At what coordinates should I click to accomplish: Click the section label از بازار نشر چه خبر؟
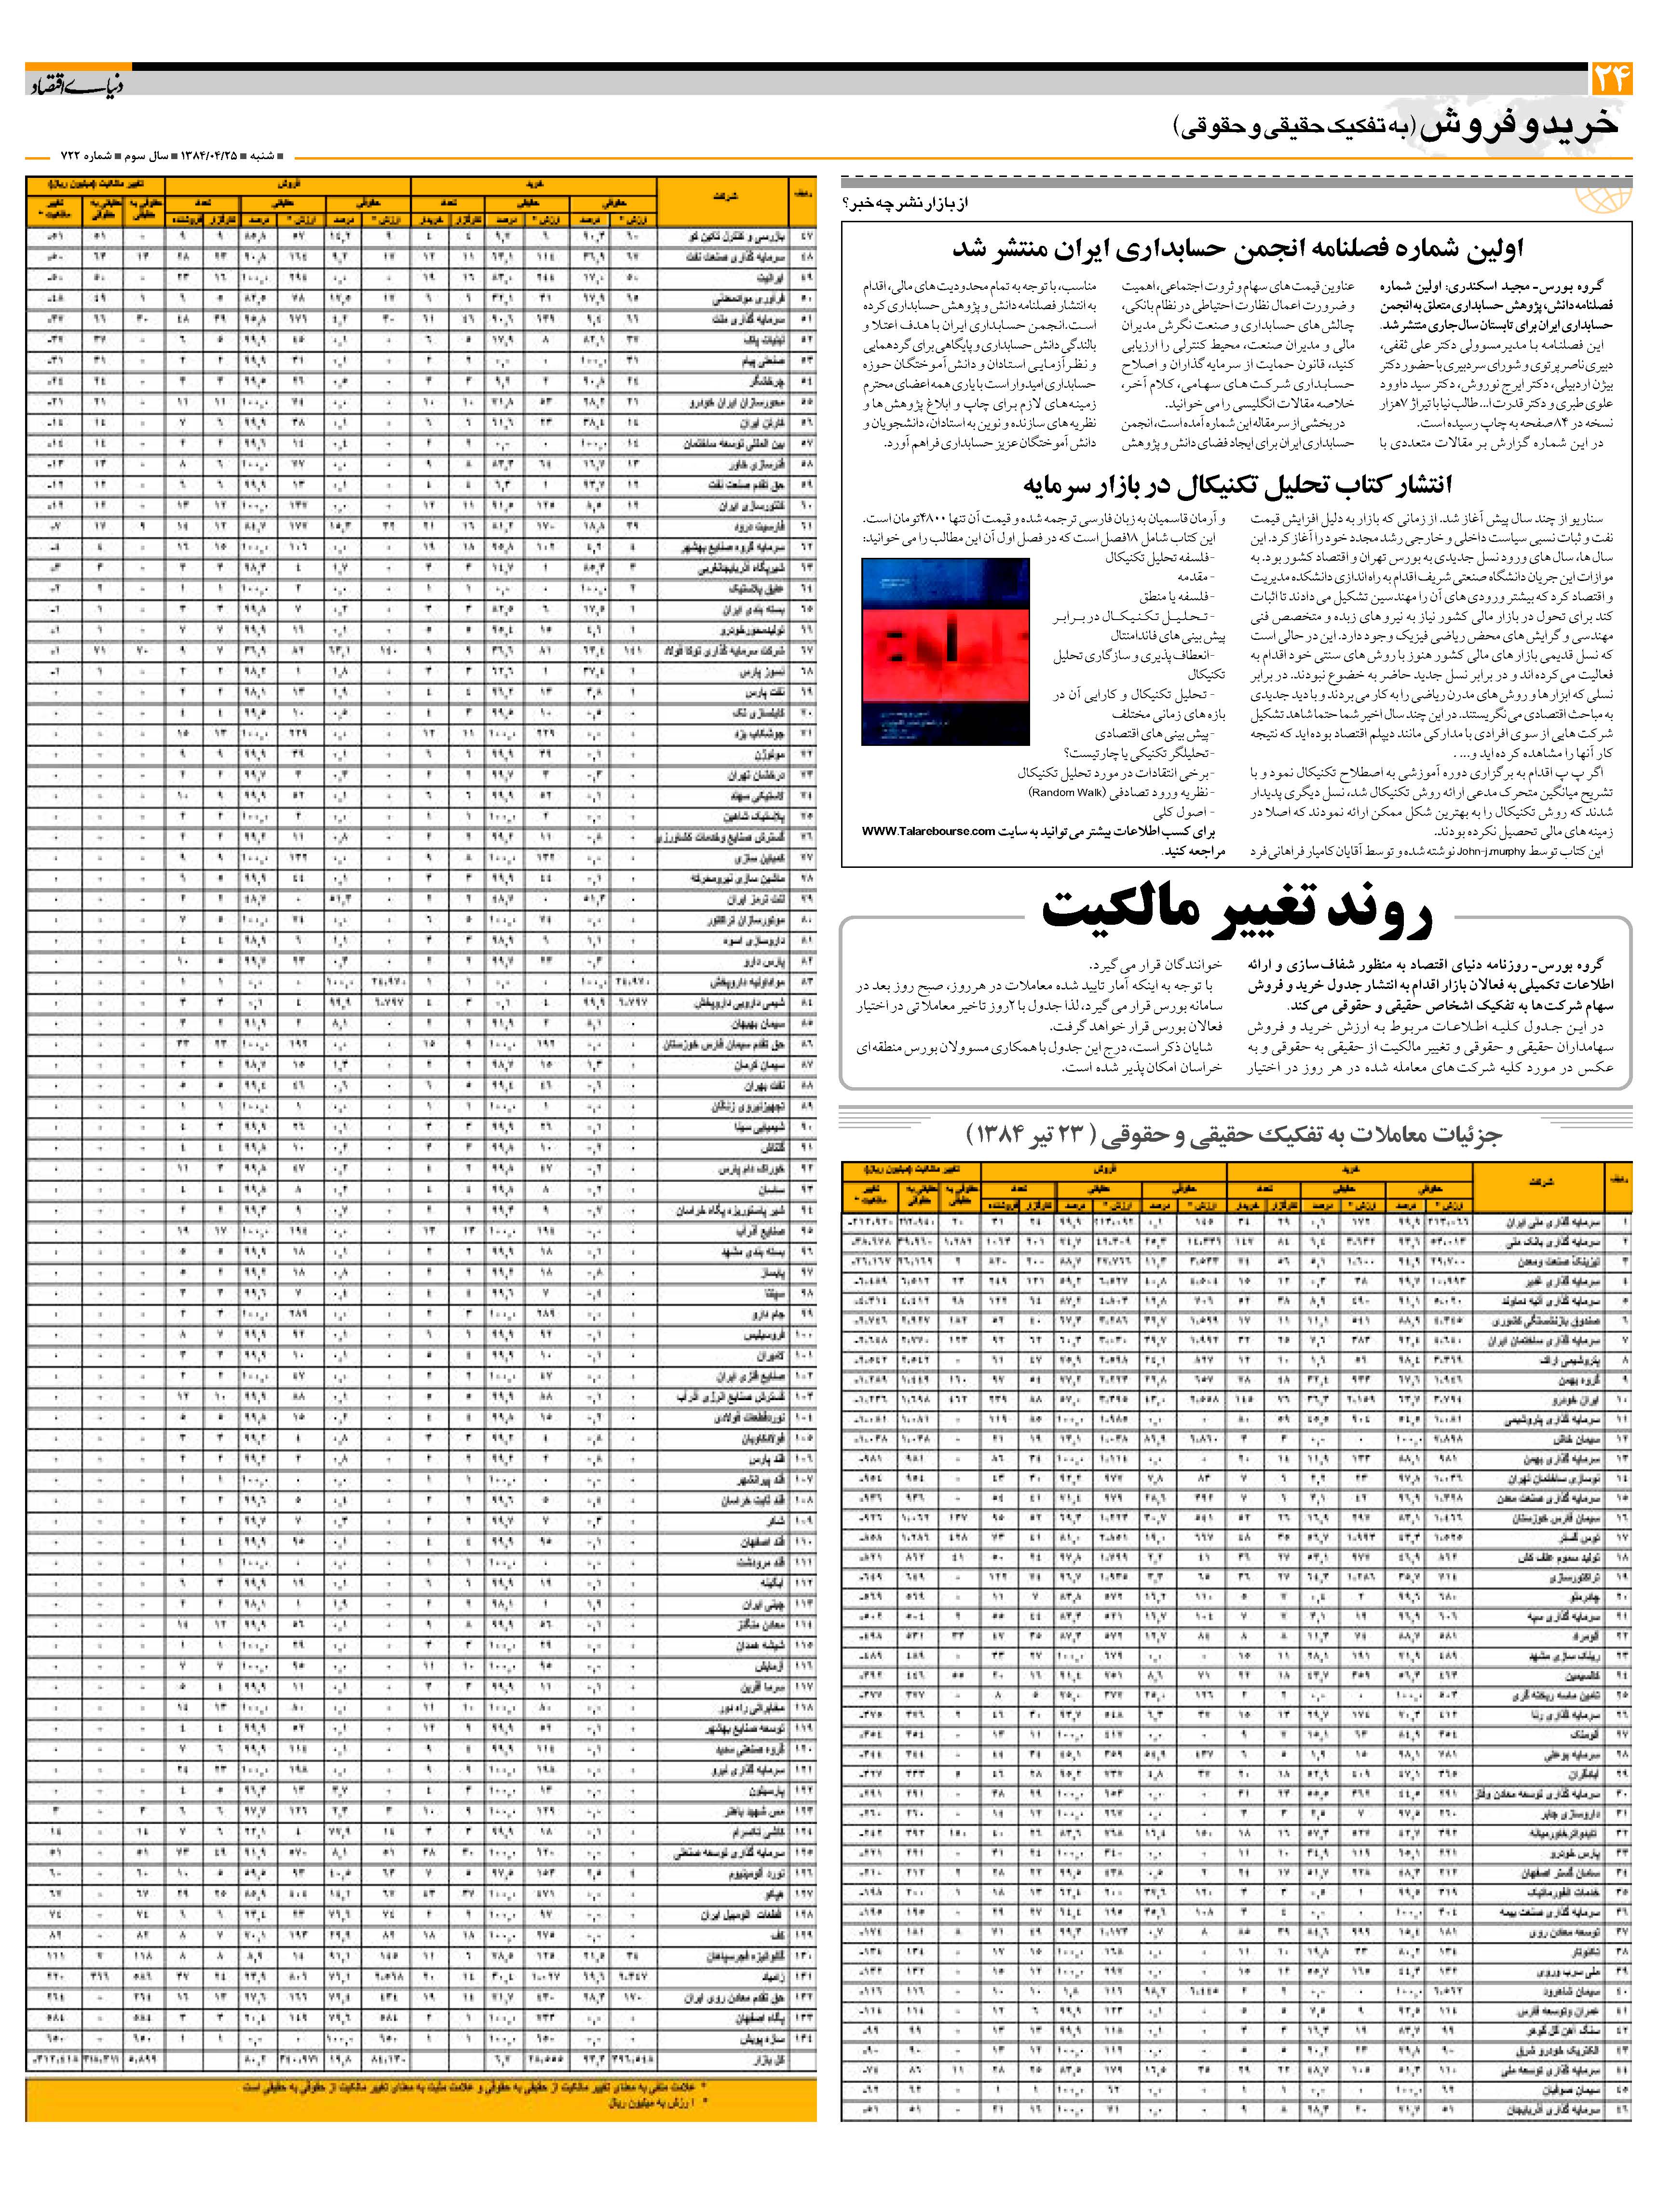point(905,204)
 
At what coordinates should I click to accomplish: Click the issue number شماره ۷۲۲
point(88,156)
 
